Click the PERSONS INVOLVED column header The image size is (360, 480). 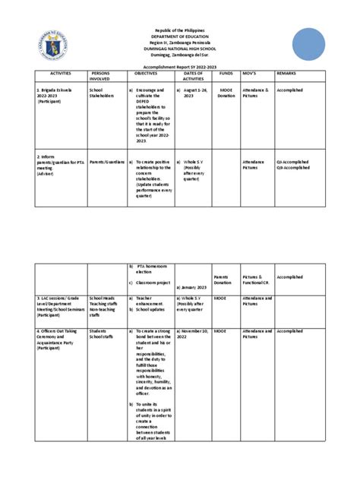(x=100, y=75)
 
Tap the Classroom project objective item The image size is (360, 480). (x=155, y=283)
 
